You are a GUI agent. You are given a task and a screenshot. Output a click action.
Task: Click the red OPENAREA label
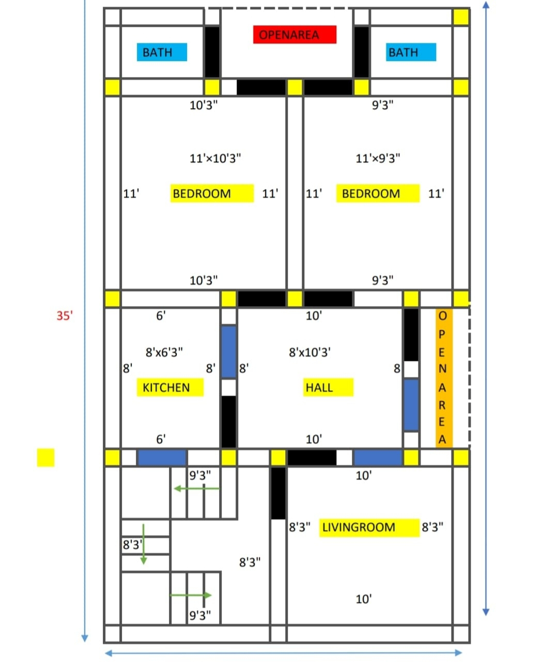point(295,34)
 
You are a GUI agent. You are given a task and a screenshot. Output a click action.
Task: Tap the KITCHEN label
point(170,387)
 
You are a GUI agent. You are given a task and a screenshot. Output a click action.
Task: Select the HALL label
point(328,387)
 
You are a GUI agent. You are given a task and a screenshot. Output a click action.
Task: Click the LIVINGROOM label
point(369,527)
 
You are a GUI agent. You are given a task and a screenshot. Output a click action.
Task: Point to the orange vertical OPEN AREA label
point(444,378)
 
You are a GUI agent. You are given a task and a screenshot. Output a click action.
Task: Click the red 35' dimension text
point(65,316)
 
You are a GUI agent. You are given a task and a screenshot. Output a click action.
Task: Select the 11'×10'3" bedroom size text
point(215,158)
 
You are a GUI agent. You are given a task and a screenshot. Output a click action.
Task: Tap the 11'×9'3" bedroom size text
point(378,158)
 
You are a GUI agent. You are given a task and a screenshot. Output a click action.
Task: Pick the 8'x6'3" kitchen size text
point(164,353)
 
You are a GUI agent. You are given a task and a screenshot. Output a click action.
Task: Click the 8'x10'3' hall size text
point(309,353)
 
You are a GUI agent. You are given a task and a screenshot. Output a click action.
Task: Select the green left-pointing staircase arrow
point(196,489)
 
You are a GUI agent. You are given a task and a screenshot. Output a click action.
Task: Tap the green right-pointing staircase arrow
point(191,595)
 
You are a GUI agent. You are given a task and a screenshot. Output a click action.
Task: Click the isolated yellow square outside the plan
point(45,458)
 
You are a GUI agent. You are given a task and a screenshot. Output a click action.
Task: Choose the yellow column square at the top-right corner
point(461,17)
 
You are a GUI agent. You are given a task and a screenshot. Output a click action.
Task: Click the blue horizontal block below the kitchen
point(162,458)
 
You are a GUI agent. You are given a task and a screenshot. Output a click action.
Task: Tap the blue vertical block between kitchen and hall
point(229,352)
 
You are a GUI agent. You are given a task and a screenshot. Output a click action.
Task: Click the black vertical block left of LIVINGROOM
point(278,493)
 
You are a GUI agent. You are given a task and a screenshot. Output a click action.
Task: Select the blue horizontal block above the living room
point(378,458)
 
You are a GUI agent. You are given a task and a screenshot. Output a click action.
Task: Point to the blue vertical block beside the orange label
point(411,405)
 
